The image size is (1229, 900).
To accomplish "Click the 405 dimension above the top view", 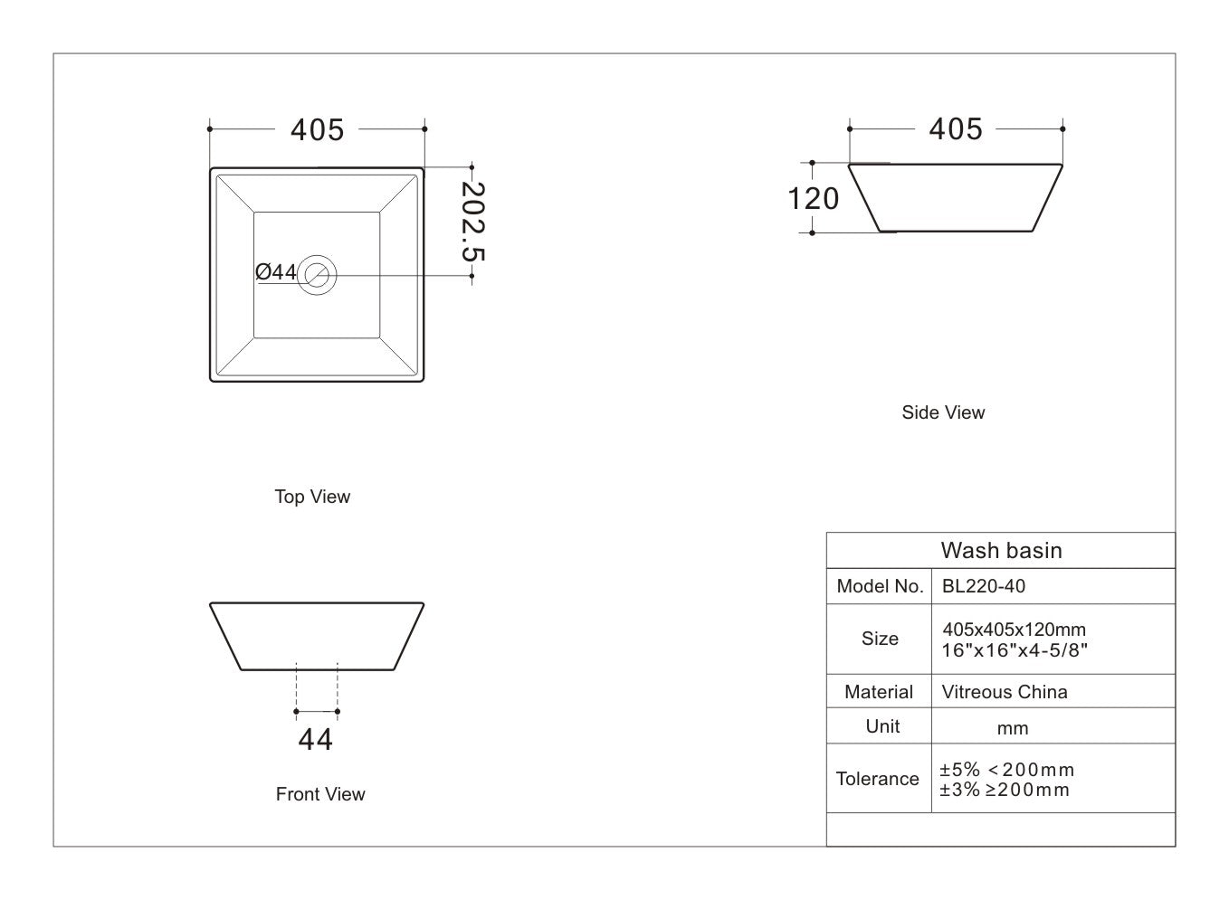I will (317, 130).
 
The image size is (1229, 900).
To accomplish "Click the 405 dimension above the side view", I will (956, 129).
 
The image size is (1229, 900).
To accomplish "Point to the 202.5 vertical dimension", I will (472, 223).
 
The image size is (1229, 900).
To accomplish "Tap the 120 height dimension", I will (814, 198).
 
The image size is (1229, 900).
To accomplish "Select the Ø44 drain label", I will (276, 271).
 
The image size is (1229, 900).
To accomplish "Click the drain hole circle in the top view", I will (318, 274).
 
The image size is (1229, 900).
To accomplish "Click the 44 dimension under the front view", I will (316, 739).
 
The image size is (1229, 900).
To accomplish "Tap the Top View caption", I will (312, 497).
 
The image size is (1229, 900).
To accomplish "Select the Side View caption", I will (943, 412).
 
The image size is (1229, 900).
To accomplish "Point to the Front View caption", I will (320, 794).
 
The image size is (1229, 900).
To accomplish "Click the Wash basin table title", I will (1001, 550).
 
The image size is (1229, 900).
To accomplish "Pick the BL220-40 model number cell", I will (984, 586).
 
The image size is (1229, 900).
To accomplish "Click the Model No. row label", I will (879, 586).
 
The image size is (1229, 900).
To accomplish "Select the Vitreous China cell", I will (1005, 692).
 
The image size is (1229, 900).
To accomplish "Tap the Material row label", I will (879, 692).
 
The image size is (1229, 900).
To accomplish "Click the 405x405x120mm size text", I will (1014, 630).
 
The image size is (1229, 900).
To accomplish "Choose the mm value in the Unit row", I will (1013, 728).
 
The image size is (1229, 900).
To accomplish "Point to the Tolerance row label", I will (877, 779).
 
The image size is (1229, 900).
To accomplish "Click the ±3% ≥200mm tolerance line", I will (1005, 790).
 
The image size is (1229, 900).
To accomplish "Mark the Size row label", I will (880, 639).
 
